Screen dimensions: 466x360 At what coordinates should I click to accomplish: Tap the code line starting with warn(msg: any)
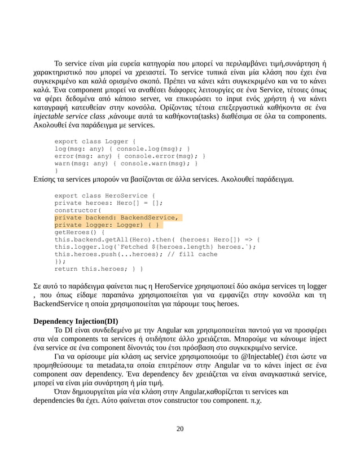[x=125, y=164]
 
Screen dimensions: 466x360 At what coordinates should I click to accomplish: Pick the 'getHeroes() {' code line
[x=79, y=232]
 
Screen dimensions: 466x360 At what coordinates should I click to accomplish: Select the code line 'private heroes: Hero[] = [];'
[x=108, y=203]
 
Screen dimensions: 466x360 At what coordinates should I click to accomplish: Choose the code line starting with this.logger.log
[x=155, y=247]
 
